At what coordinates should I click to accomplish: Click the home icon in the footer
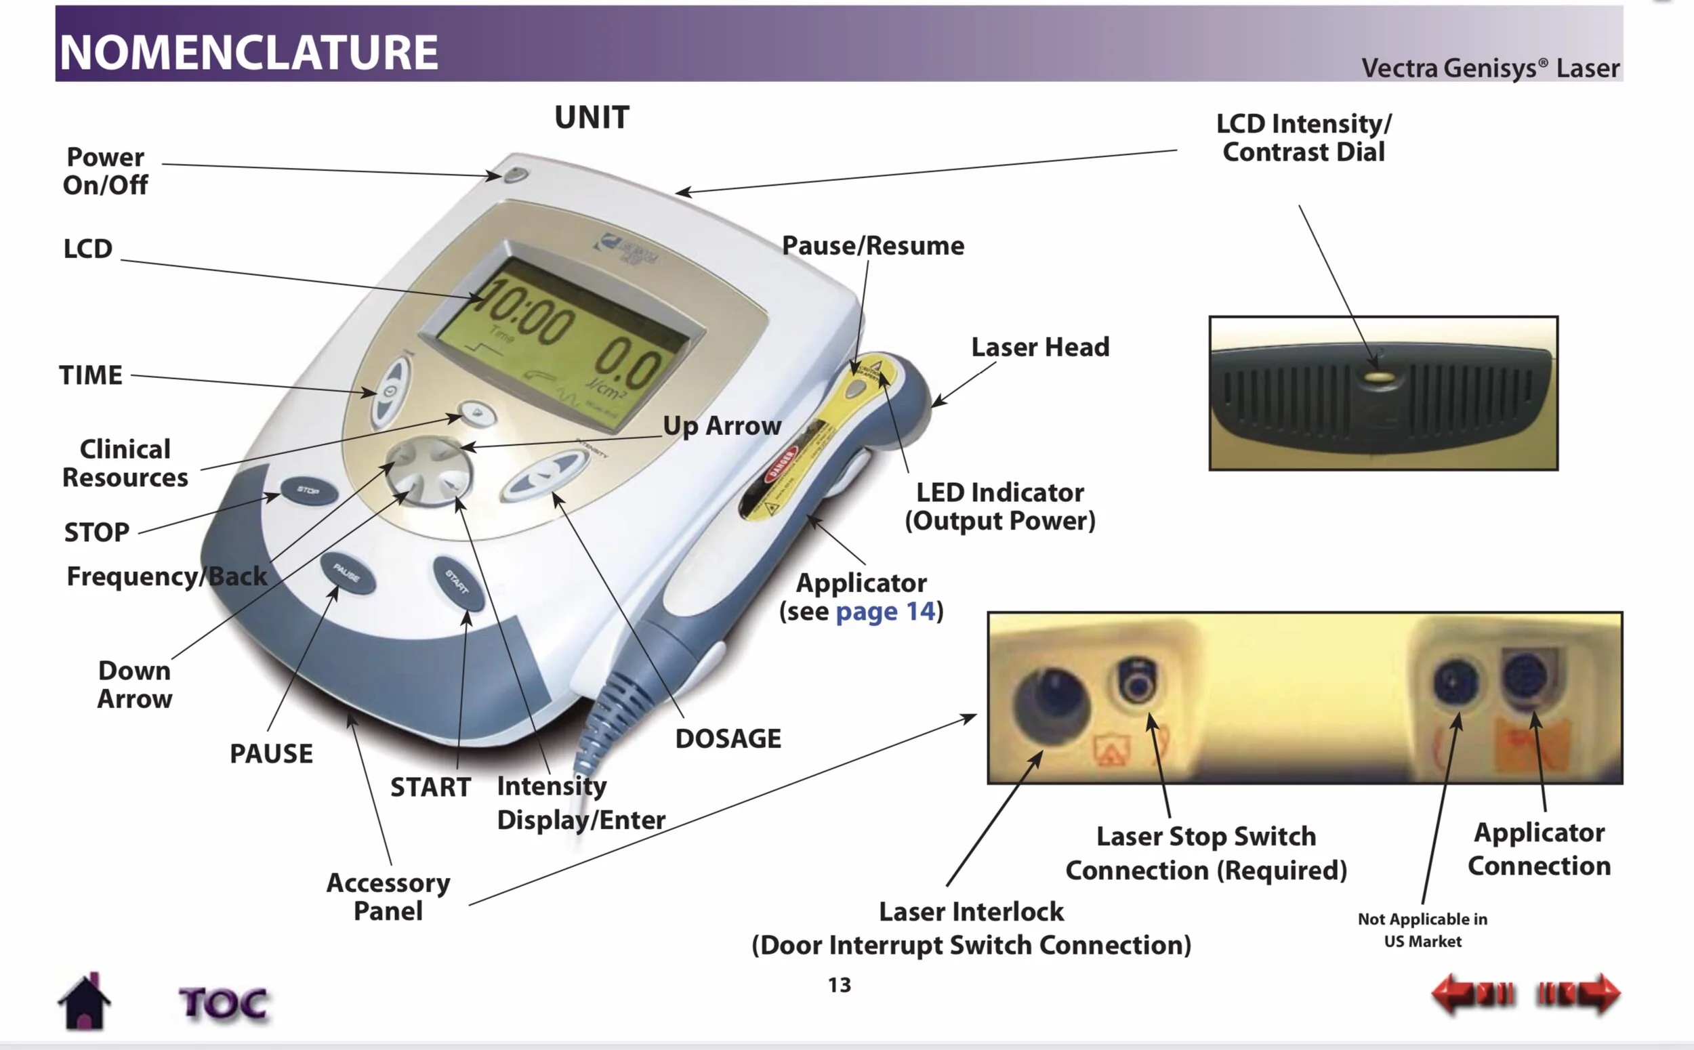(x=84, y=1002)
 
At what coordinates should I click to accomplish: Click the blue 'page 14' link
(x=886, y=611)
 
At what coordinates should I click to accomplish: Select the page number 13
(x=839, y=985)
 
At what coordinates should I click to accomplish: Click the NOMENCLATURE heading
(x=249, y=52)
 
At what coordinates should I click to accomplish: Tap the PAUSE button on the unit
(x=348, y=574)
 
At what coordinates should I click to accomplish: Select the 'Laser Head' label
(x=1039, y=347)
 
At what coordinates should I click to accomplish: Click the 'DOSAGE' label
(x=728, y=738)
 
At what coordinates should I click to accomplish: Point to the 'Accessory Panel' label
(x=388, y=896)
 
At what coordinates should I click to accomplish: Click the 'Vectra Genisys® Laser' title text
(x=1490, y=68)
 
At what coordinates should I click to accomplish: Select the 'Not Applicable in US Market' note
(x=1422, y=930)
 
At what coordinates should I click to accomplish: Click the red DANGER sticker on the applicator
(x=780, y=463)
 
